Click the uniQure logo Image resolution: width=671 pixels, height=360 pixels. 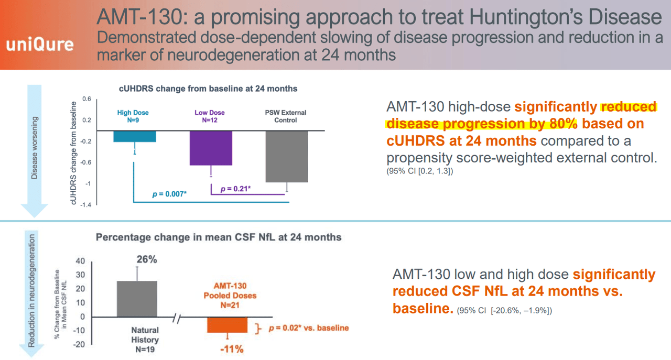pyautogui.click(x=40, y=45)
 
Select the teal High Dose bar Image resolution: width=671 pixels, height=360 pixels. pyautogui.click(x=135, y=136)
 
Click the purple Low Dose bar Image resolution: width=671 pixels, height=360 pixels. pyautogui.click(x=211, y=148)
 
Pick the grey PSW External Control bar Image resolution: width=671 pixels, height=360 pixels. pyautogui.click(x=286, y=156)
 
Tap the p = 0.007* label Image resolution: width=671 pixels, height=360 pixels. pyautogui.click(x=169, y=194)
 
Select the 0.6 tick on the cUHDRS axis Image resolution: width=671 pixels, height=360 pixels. pyautogui.click(x=86, y=99)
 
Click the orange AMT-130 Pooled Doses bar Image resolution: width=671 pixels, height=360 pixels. pyautogui.click(x=227, y=324)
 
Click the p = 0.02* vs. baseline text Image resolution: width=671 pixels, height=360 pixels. pyautogui.click(x=308, y=328)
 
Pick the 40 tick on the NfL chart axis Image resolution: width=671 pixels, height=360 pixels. pyautogui.click(x=80, y=261)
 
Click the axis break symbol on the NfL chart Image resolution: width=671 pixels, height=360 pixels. pyautogui.click(x=180, y=317)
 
